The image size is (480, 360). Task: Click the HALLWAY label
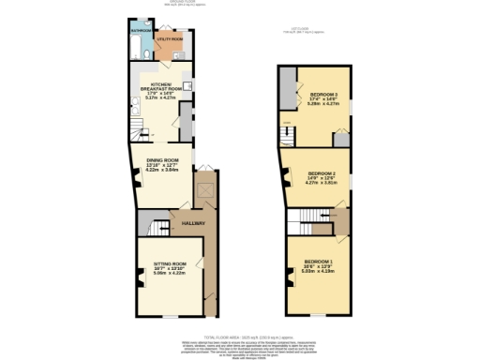pos(194,222)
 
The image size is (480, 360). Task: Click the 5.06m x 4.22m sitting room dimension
pos(166,274)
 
